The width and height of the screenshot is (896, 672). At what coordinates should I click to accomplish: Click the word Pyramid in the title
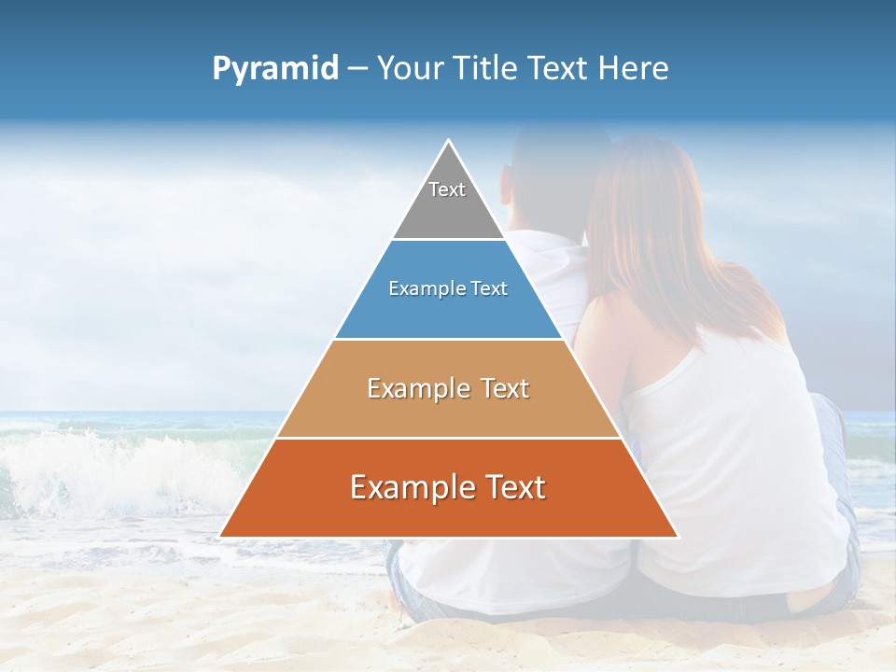[275, 69]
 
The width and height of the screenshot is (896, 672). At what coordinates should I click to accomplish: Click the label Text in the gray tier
[447, 189]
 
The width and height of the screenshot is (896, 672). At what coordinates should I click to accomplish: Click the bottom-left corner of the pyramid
[220, 537]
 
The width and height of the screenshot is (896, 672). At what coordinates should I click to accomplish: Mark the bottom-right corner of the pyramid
[678, 537]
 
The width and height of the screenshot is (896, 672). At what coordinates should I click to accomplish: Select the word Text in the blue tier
[489, 289]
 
